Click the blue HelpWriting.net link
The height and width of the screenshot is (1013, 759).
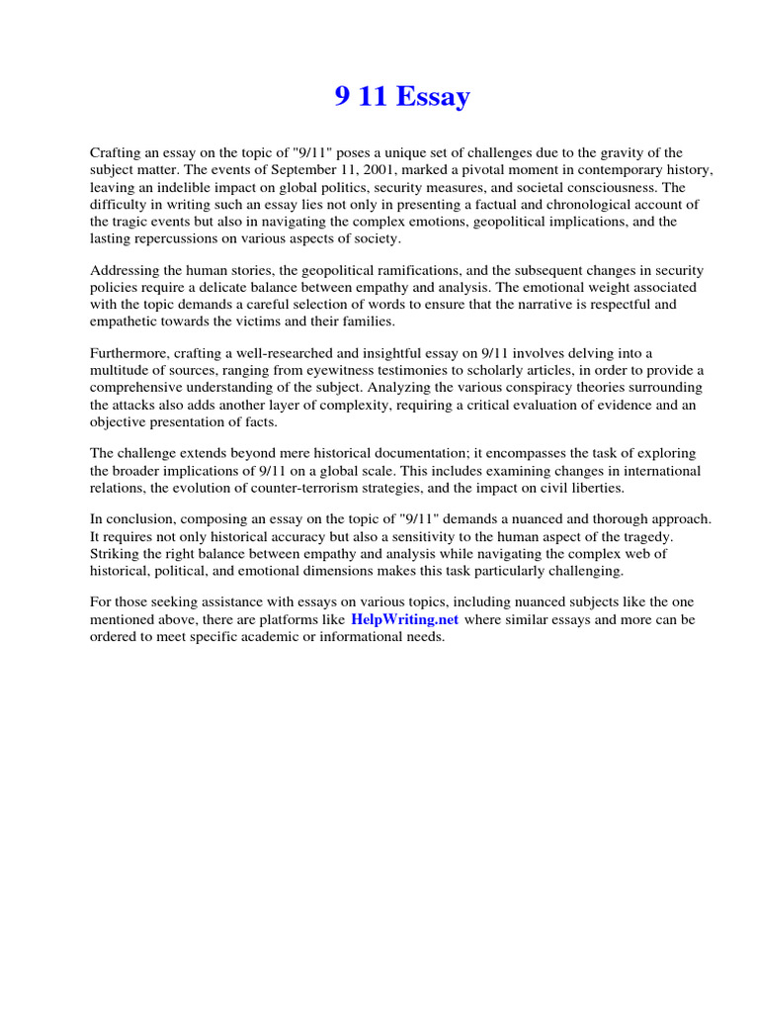click(x=404, y=619)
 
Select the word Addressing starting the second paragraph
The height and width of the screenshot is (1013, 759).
click(x=126, y=269)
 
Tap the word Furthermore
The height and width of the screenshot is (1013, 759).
click(x=129, y=352)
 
